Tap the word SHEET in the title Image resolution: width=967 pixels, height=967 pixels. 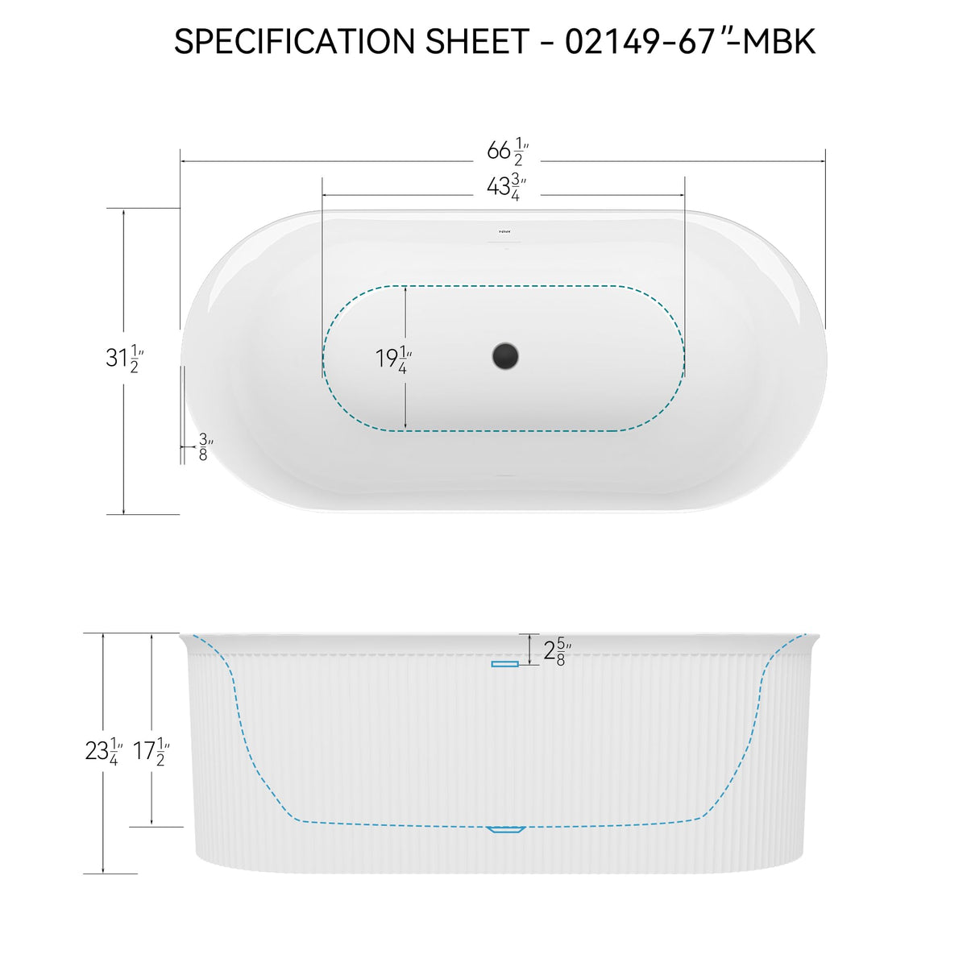pos(477,41)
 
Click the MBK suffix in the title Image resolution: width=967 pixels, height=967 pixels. pos(778,41)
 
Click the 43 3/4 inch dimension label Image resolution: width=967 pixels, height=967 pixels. pos(506,188)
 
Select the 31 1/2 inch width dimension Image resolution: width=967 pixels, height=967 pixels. pos(124,359)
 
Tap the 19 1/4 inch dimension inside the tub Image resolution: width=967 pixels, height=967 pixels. pos(393,359)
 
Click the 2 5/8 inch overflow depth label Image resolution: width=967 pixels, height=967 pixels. pos(557,651)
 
